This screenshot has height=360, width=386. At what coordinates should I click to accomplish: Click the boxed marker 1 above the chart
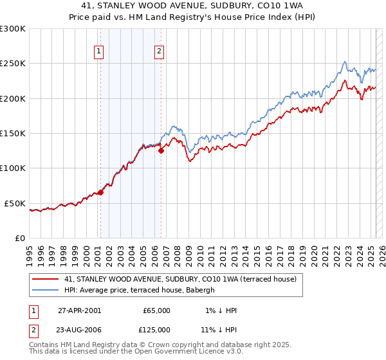[x=100, y=53]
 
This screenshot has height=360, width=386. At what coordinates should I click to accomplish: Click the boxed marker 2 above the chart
[x=159, y=53]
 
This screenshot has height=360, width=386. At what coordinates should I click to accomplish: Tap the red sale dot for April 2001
[x=100, y=192]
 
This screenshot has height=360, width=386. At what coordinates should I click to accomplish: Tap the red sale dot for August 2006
[x=161, y=150]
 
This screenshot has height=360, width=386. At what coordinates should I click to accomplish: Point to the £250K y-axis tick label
[x=13, y=64]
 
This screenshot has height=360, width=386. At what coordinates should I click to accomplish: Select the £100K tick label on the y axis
[x=13, y=168]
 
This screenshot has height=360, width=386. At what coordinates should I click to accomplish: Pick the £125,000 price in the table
[x=156, y=330]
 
